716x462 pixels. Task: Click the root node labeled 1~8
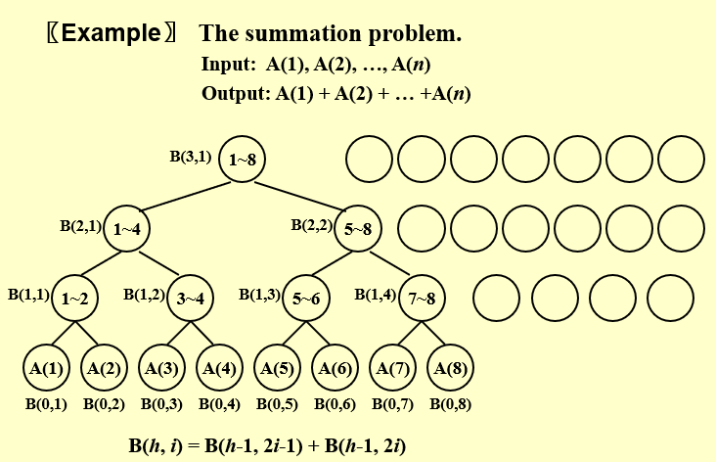pos(243,159)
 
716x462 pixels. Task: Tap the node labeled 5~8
pos(359,229)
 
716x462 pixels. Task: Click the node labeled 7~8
pos(422,299)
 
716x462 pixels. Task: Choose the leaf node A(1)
pos(46,368)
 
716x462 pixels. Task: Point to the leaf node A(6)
pos(335,368)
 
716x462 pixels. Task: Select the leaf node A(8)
pos(450,368)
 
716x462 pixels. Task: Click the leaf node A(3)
pos(161,368)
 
